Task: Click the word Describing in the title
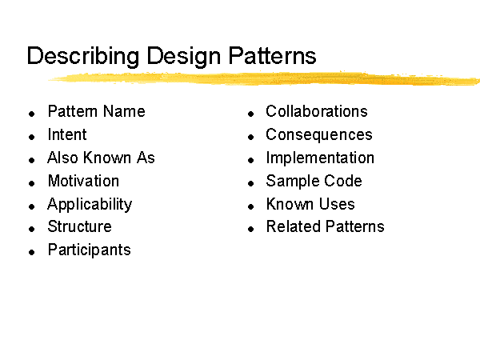[x=83, y=57]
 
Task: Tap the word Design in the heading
[x=183, y=57]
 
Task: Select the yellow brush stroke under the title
[x=264, y=78]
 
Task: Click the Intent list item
[x=67, y=134]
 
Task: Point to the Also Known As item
[x=101, y=158]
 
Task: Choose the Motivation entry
[x=83, y=181]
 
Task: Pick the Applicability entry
[x=90, y=205]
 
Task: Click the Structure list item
[x=79, y=227]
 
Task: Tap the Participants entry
[x=89, y=250]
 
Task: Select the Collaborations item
[x=317, y=111]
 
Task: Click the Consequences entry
[x=319, y=135]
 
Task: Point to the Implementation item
[x=320, y=158]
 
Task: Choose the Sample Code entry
[x=314, y=182]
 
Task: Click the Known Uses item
[x=310, y=204]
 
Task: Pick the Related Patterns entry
[x=325, y=227]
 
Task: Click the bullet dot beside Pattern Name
[x=31, y=114]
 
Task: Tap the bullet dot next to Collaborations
[x=250, y=114]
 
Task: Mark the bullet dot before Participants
[x=31, y=252]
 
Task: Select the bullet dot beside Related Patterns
[x=250, y=229]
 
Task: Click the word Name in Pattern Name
[x=124, y=111]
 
